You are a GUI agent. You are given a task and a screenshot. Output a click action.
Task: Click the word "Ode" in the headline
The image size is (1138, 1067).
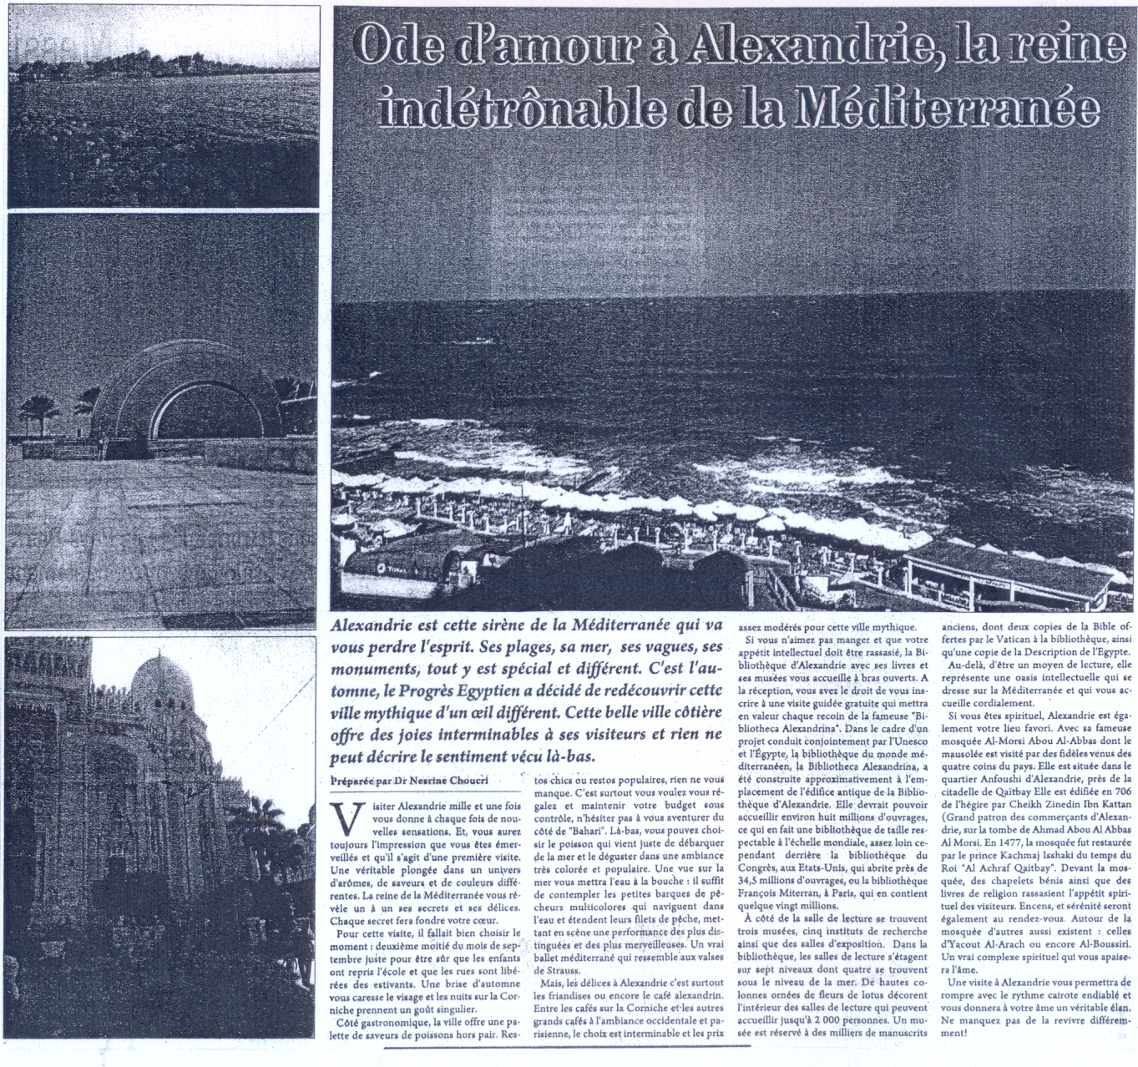tap(397, 48)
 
